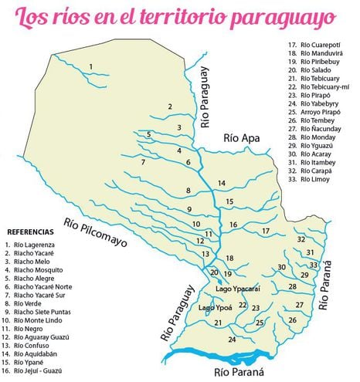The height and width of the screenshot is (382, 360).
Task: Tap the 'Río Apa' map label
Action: click(240, 137)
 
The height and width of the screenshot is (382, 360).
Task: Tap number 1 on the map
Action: click(91, 67)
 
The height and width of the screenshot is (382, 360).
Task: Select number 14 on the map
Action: click(221, 183)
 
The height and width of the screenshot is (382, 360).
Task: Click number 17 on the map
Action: click(266, 230)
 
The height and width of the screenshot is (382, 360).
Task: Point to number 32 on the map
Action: click(301, 240)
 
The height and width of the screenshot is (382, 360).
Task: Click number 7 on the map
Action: click(143, 162)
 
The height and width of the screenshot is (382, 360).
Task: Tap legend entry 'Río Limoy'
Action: click(314, 179)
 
